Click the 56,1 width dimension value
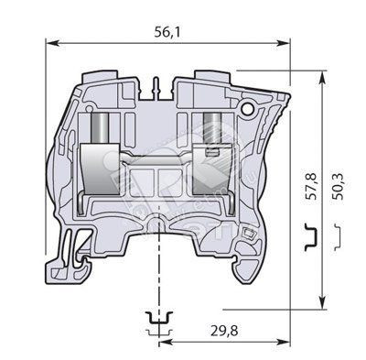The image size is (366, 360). coord(167,32)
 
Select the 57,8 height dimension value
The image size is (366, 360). coord(312,186)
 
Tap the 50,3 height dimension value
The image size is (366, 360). coord(338,186)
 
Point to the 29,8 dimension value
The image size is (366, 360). coord(224,330)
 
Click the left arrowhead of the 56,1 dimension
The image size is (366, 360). coord(51,43)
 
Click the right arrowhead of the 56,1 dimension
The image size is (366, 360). coord(284,43)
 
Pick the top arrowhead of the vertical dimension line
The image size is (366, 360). coord(321,77)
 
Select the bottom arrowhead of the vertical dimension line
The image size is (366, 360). coord(321,303)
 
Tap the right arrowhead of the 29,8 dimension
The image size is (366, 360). coord(284,342)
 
